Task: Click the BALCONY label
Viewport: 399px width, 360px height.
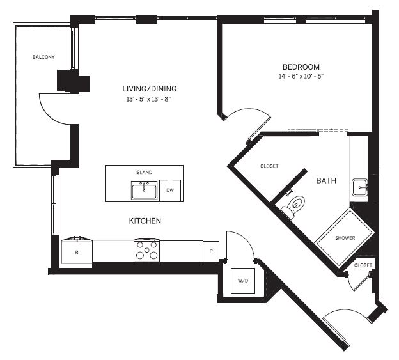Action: [43, 57]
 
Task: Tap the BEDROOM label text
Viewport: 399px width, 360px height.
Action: [301, 67]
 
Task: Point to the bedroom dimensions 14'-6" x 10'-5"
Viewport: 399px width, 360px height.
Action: [301, 76]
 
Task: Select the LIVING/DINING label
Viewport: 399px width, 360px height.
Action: [150, 88]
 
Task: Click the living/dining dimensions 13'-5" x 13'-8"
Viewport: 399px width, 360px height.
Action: [148, 99]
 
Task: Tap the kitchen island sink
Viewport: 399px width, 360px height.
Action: [144, 191]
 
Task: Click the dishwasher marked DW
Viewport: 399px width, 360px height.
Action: [170, 191]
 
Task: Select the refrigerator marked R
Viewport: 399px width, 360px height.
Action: [77, 251]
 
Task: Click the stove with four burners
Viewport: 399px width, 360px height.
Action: [147, 251]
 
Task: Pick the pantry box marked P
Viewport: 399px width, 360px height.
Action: [211, 251]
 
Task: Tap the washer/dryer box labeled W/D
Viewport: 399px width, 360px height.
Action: [243, 281]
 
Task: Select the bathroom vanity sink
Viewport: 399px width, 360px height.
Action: [359, 187]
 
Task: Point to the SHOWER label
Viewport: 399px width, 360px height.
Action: [345, 238]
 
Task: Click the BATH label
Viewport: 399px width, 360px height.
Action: [326, 180]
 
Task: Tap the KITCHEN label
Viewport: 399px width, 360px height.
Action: [145, 221]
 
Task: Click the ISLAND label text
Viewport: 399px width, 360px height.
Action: [144, 172]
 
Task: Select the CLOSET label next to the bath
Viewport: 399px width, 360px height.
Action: [269, 166]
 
